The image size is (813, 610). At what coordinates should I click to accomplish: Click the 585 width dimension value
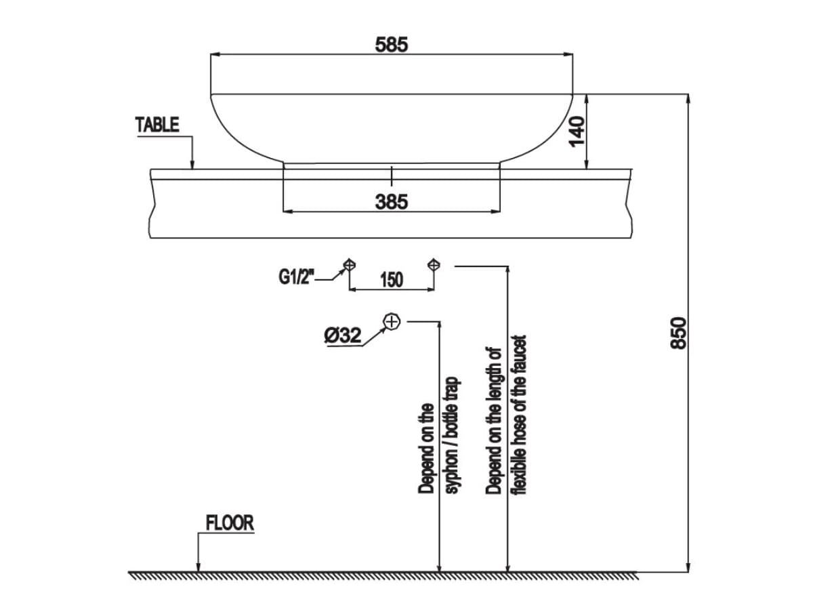(392, 45)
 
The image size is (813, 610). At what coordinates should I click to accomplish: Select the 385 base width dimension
(392, 201)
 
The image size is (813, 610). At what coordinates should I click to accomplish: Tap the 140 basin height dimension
(577, 131)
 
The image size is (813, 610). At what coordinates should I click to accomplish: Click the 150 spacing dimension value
(392, 279)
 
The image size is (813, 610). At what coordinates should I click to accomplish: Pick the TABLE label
(157, 125)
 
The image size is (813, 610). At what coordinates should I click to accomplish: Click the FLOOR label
(230, 523)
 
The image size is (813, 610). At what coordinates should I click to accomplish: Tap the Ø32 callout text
(342, 335)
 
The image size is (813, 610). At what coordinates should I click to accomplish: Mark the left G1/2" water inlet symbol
(349, 264)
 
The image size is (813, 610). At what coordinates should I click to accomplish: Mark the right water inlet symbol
(434, 264)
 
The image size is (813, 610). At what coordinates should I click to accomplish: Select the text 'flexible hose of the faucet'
(520, 414)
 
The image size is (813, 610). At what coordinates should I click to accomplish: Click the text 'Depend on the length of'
(494, 420)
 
